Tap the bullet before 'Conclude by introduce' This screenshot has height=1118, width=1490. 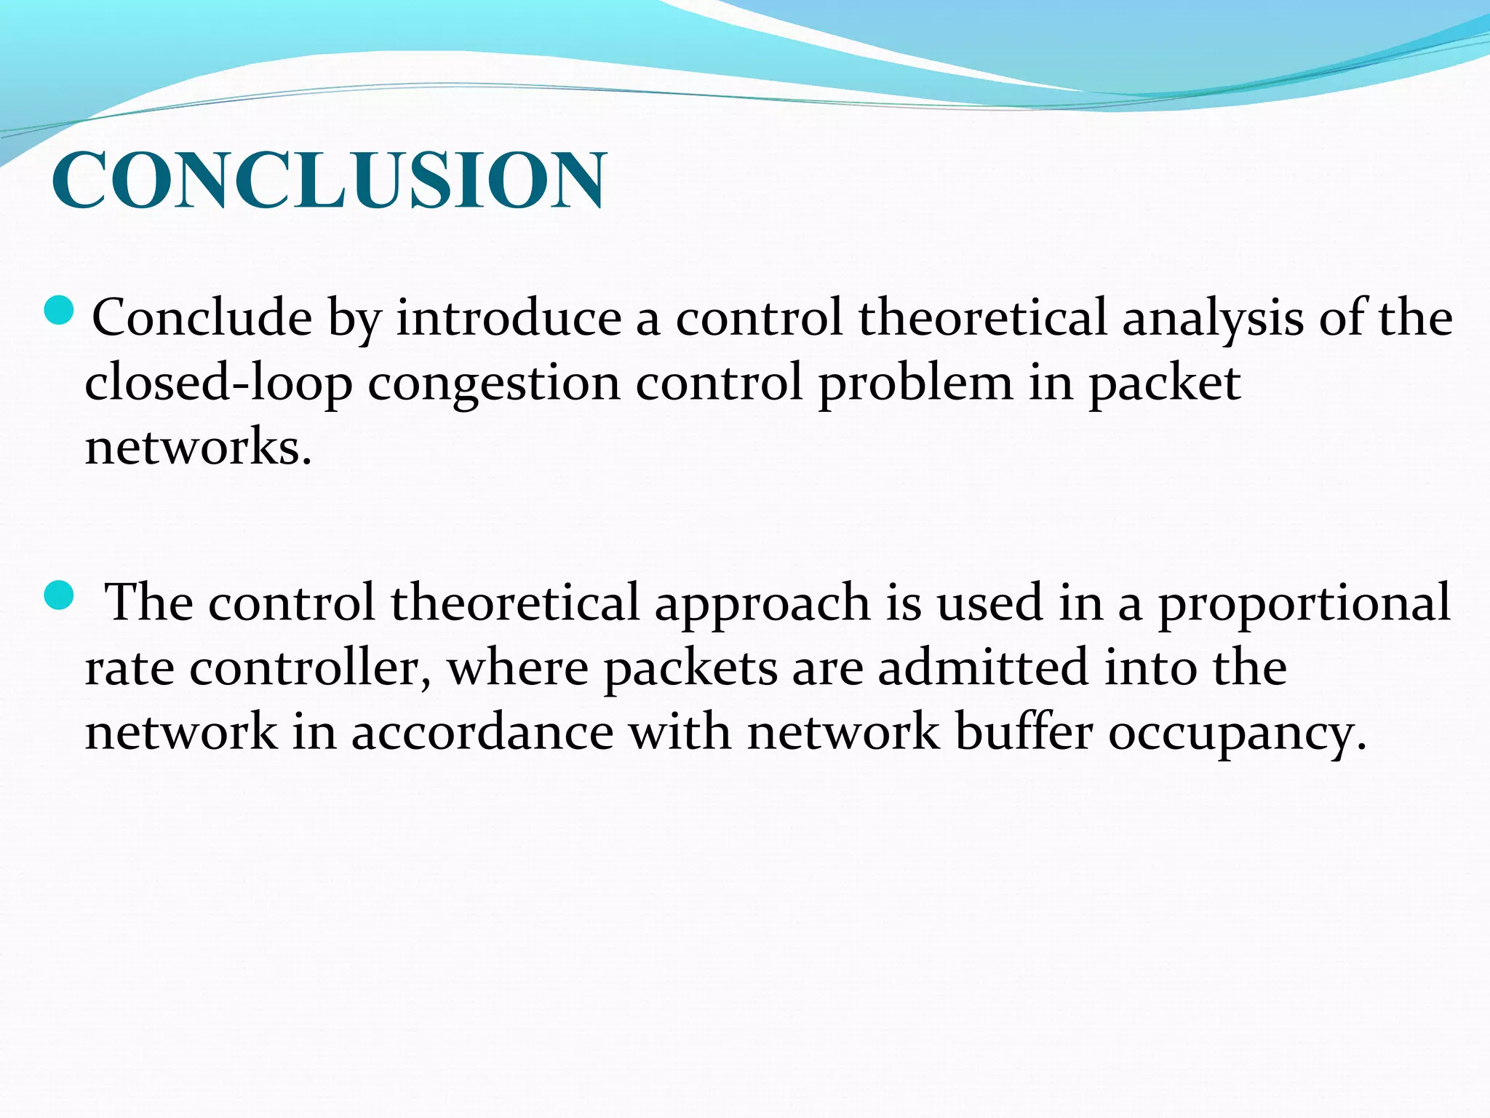(x=60, y=310)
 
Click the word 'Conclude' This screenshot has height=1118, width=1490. (x=202, y=318)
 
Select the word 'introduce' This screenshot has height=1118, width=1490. (x=509, y=318)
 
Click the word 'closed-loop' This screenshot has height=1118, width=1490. (x=218, y=383)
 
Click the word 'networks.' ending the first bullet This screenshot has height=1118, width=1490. (x=198, y=447)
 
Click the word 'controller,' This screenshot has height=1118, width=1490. (x=310, y=668)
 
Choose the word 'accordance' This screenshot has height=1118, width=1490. (x=482, y=732)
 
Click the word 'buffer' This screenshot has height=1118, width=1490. (x=1024, y=732)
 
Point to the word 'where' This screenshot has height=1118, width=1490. (x=517, y=668)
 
